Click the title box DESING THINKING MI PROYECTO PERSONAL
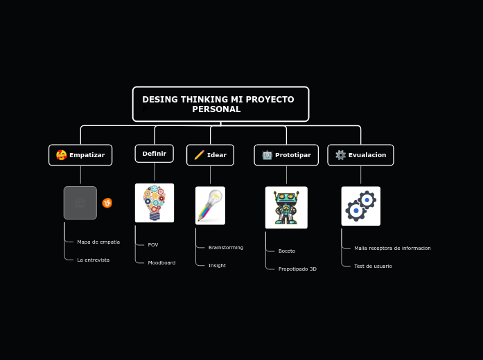point(220,104)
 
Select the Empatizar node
point(80,155)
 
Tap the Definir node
point(154,154)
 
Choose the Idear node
point(210,155)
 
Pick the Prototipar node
point(286,155)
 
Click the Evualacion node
point(360,155)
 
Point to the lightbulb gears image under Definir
point(155,203)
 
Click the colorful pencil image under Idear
point(210,206)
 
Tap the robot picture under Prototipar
point(286,207)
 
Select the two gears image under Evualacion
point(360,206)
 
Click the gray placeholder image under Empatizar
point(80,203)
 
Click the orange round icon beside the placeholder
point(107,203)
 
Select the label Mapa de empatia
point(98,242)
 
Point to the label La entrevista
point(93,260)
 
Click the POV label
point(153,245)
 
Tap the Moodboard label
point(161,263)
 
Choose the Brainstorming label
point(226,248)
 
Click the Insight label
point(217,266)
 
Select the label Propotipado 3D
point(297,269)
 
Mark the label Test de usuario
point(373,267)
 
